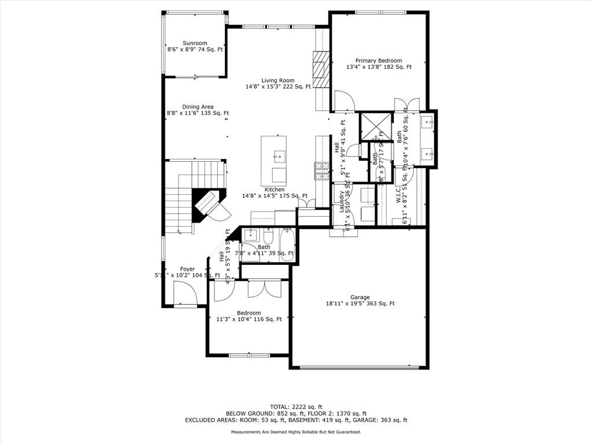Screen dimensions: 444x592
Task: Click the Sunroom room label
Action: [x=195, y=43]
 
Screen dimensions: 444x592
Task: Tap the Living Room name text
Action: [x=277, y=80]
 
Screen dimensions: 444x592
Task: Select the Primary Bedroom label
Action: [x=379, y=61]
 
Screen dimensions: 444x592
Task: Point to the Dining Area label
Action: [x=198, y=107]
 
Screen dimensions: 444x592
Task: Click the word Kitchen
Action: [x=275, y=190]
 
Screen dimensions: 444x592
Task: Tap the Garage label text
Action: [x=360, y=297]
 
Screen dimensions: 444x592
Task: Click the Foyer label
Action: [x=187, y=269]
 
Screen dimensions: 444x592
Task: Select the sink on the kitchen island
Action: [x=278, y=156]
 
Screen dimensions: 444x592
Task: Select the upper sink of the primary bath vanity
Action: [x=427, y=121]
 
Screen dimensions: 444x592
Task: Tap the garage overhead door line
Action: [x=359, y=367]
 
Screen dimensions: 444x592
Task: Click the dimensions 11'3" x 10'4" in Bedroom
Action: [x=249, y=319]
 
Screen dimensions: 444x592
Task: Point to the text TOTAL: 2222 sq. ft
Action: [x=296, y=406]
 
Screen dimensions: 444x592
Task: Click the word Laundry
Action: [x=342, y=202]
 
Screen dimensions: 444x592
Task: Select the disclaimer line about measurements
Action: [x=296, y=432]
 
